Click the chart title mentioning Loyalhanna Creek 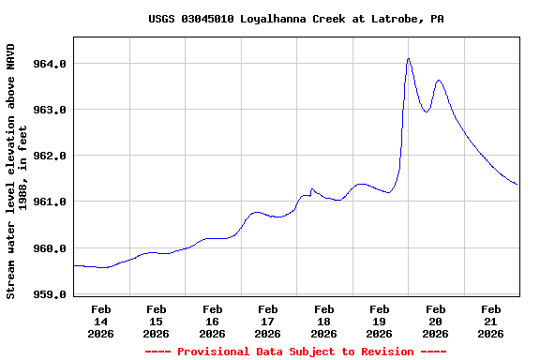[x=296, y=19]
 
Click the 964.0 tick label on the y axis [x=50, y=64]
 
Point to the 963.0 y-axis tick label [x=50, y=110]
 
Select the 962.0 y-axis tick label [x=50, y=156]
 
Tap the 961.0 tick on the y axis [x=50, y=202]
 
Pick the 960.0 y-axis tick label [x=50, y=248]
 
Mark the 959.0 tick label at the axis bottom [x=50, y=294]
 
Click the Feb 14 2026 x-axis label [x=101, y=321]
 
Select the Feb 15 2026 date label [x=157, y=321]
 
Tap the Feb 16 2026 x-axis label [x=213, y=321]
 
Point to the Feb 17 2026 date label [x=268, y=321]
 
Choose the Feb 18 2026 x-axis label [x=324, y=321]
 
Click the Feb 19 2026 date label [x=380, y=321]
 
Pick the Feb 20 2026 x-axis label [x=436, y=321]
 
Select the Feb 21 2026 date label [x=491, y=321]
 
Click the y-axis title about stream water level [x=17, y=171]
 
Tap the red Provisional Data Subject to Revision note [x=296, y=352]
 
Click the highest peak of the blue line [x=409, y=58]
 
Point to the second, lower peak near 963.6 [x=439, y=81]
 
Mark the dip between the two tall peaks [x=426, y=112]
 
